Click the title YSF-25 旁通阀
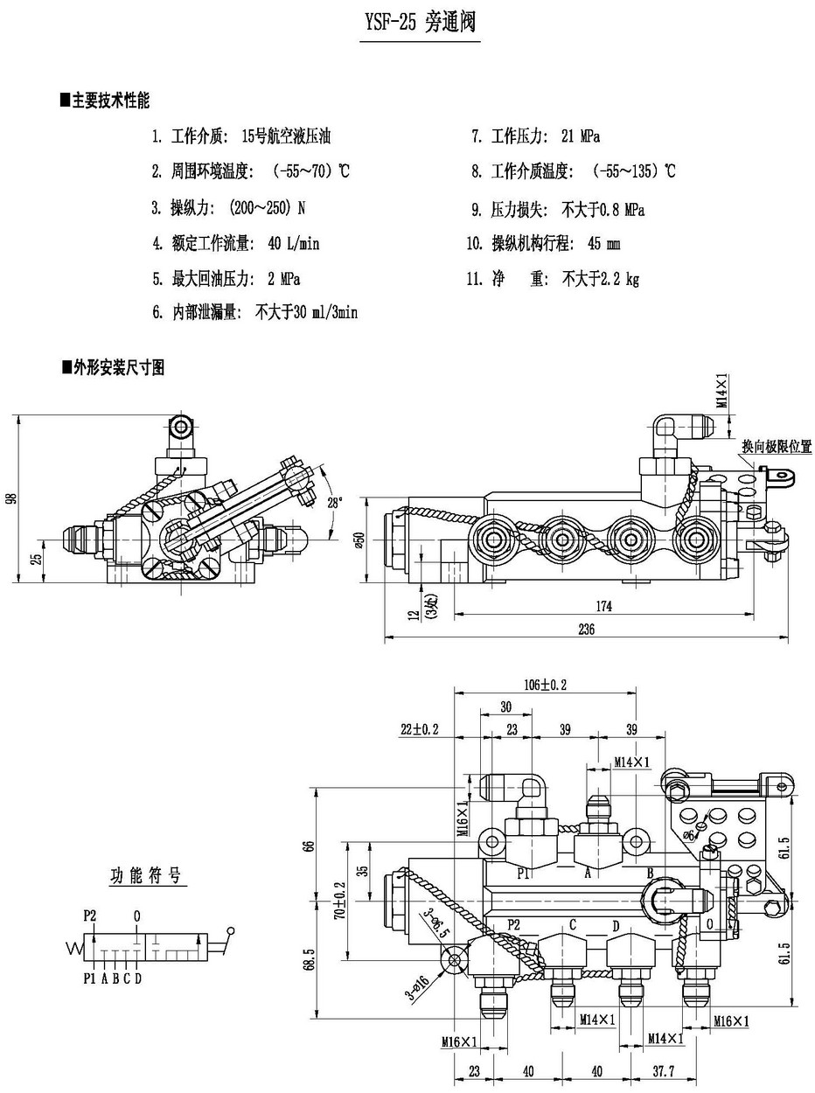coord(419,24)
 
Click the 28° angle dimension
coord(336,502)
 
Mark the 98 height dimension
coord(10,498)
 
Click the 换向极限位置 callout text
coord(777,447)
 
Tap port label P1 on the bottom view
coord(524,873)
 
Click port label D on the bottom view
coord(616,925)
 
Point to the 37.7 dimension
coord(665,1071)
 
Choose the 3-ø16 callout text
coord(416,987)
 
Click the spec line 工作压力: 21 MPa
coord(535,136)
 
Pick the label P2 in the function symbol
coord(90,915)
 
